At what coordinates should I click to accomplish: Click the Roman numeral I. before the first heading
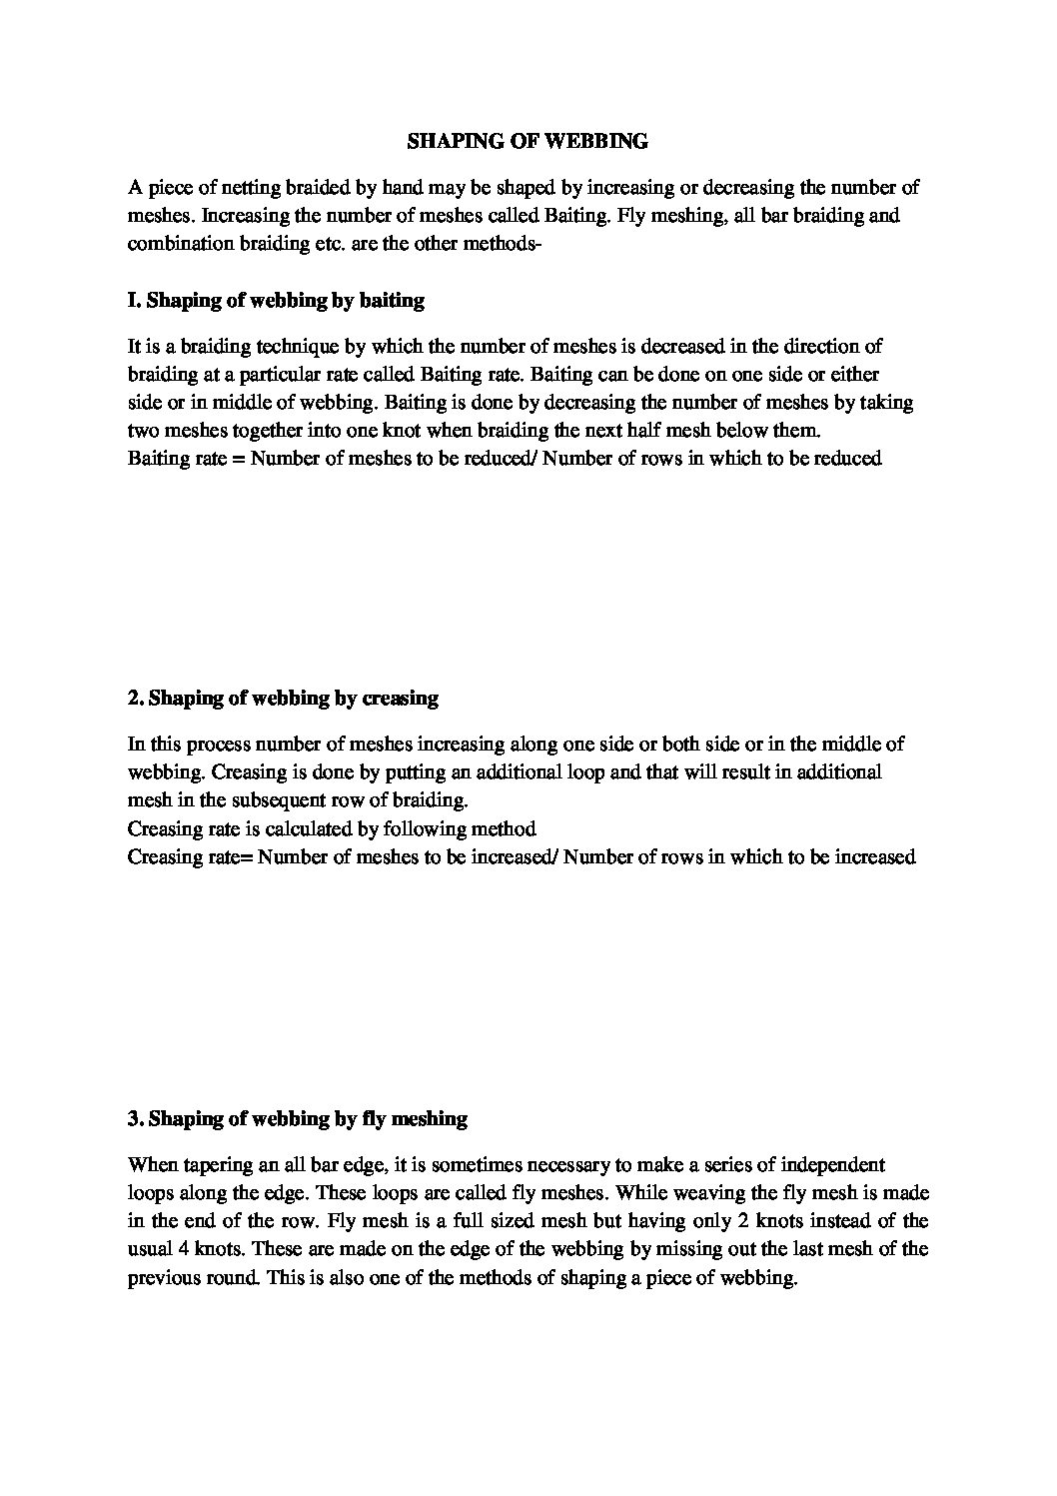point(134,300)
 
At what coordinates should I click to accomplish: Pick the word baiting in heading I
point(392,300)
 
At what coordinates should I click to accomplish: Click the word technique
point(289,347)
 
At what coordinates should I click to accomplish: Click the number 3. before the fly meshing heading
point(135,1119)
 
